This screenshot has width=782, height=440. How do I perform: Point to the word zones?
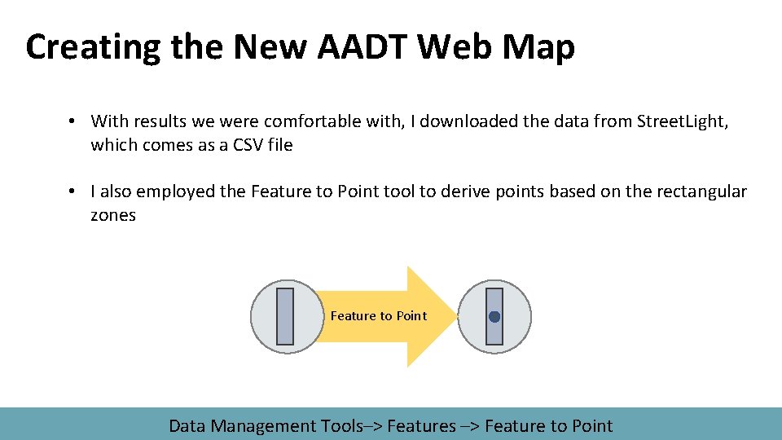(x=113, y=215)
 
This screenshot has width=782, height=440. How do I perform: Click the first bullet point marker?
(x=72, y=121)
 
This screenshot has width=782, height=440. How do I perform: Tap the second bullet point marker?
(x=72, y=191)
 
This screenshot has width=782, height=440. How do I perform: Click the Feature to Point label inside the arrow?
(x=378, y=316)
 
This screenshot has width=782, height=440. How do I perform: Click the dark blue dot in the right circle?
(x=494, y=317)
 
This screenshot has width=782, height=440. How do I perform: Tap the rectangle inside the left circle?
(x=285, y=316)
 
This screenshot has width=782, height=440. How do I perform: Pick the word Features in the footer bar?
(x=421, y=425)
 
